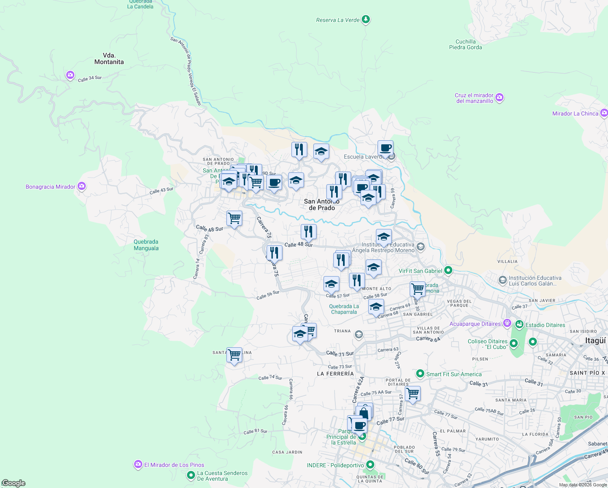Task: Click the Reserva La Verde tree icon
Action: coord(366,19)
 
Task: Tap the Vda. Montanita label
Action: coord(109,59)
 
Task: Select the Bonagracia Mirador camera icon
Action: coord(82,186)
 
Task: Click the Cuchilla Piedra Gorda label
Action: coord(465,44)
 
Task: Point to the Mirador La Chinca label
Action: coord(575,113)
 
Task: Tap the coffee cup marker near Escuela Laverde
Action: coord(385,148)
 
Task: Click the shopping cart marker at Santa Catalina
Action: coord(234,355)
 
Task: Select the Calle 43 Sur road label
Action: coord(161,190)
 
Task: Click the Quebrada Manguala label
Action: coord(146,245)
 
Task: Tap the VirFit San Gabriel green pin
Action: coord(448,270)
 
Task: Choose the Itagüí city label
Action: coord(595,341)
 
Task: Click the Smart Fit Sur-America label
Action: coord(454,374)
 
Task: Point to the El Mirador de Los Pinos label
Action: coord(174,465)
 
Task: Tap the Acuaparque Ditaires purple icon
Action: coord(507,323)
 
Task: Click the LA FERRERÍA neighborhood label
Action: coord(335,373)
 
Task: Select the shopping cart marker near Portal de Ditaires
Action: coord(413,393)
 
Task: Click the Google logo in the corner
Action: coord(13,483)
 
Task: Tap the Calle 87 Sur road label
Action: coord(255,431)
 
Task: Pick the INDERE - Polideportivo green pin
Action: coord(370,464)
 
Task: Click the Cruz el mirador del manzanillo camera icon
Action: coord(500,98)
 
